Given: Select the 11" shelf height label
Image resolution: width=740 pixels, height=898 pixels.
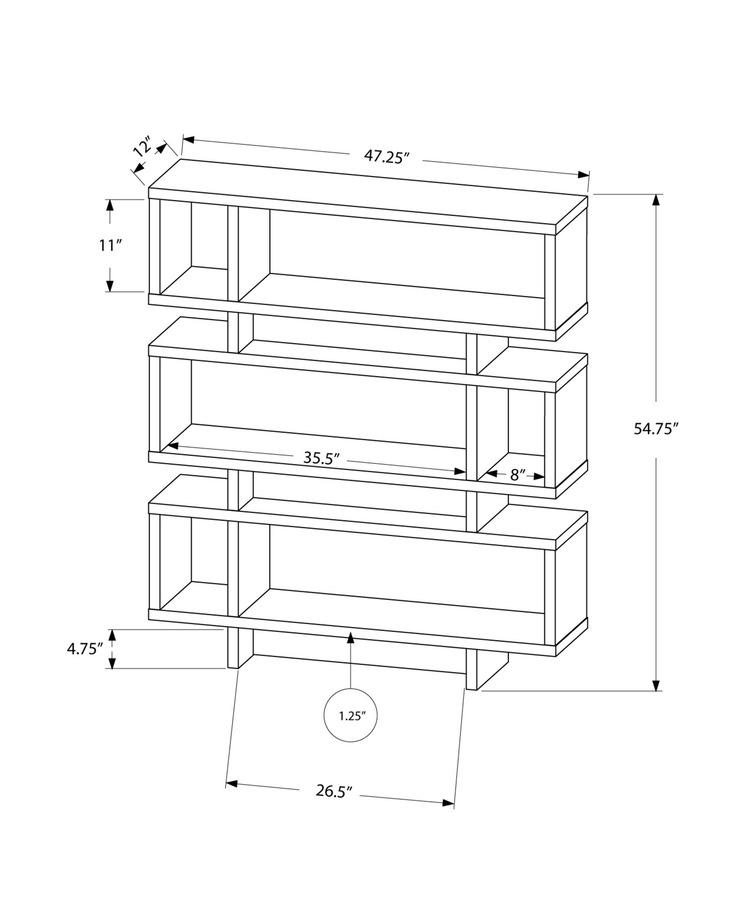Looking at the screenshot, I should coord(110,246).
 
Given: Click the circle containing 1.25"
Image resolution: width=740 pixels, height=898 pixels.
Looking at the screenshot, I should coord(350,728).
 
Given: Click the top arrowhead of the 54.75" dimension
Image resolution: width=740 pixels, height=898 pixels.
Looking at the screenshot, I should coord(657,200).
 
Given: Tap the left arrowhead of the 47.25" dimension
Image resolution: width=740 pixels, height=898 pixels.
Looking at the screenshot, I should coord(188,140).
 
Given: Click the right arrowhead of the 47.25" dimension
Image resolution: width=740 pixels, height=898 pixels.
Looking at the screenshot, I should coord(583,175).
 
